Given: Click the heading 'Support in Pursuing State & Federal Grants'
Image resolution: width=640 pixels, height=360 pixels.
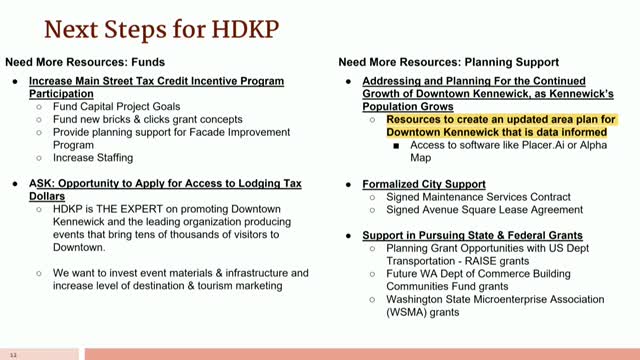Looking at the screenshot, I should click(455, 233).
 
